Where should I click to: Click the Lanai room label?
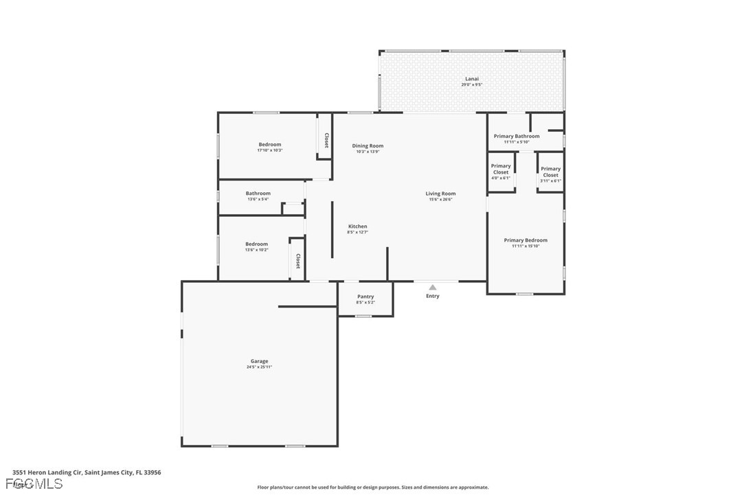tap(471, 79)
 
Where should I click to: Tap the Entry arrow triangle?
tap(433, 288)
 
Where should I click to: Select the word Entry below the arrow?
tap(433, 297)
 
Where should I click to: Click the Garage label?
tap(259, 361)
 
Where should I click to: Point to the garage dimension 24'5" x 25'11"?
tap(259, 367)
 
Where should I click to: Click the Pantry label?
tap(365, 297)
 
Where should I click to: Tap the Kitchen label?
tap(357, 227)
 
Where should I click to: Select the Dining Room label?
tap(368, 146)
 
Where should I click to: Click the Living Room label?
tap(440, 194)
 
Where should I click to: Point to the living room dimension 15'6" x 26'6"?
tap(440, 200)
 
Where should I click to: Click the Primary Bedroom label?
tap(525, 240)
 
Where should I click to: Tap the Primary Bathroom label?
tap(517, 136)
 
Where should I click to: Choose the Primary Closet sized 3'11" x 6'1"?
tap(550, 172)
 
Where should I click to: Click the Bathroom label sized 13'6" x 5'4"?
tap(258, 194)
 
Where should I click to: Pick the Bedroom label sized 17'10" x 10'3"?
tap(270, 144)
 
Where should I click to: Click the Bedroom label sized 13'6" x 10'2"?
tap(257, 244)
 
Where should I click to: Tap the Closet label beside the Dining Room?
tap(326, 141)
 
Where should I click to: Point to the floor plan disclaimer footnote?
tap(373, 487)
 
